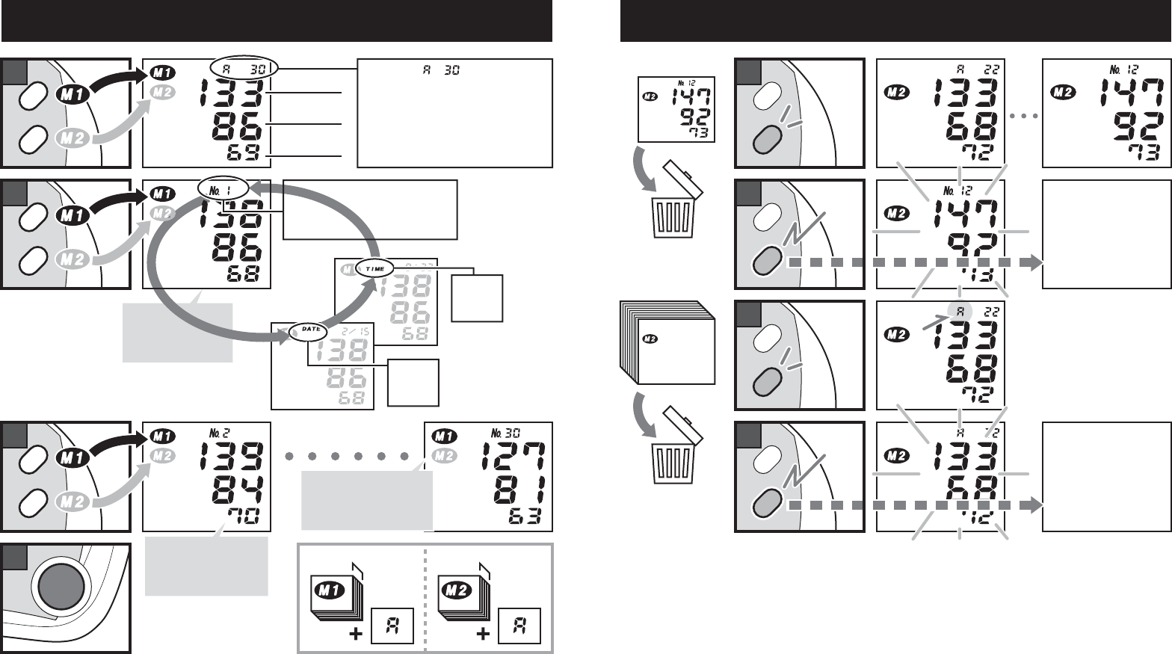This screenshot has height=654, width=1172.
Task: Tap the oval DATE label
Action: click(309, 330)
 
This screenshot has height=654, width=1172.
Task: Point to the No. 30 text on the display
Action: click(505, 433)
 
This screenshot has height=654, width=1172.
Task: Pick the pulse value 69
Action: click(246, 154)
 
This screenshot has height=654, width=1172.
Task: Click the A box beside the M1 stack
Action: click(392, 626)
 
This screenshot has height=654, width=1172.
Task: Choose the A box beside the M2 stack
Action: click(519, 626)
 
